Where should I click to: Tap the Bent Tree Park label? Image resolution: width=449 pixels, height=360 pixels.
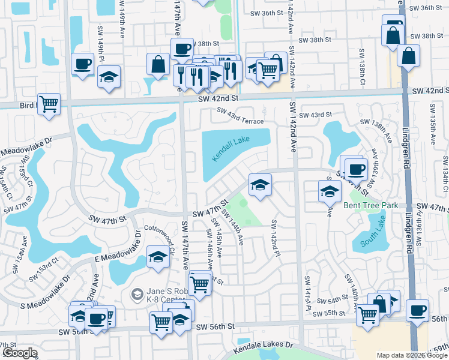point(370,205)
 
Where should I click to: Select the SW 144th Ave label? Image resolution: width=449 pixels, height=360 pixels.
point(233,226)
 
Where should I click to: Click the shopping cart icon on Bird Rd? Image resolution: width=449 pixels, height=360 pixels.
point(49,104)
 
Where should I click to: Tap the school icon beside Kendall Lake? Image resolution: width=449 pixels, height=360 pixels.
point(260,184)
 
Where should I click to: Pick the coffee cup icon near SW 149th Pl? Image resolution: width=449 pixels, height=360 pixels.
point(83,64)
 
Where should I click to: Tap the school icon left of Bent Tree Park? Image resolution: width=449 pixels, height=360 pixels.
point(329,191)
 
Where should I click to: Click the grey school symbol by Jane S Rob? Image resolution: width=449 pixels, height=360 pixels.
point(137,294)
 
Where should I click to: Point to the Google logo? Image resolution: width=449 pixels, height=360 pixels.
point(19,353)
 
